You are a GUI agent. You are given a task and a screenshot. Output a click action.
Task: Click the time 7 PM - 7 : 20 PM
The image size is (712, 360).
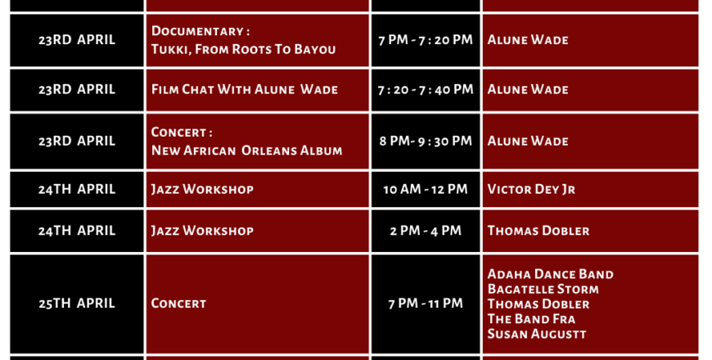(426, 40)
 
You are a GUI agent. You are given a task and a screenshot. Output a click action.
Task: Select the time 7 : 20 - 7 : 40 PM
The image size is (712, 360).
(426, 89)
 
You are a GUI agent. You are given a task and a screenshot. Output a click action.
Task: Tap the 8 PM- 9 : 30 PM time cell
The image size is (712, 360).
(426, 142)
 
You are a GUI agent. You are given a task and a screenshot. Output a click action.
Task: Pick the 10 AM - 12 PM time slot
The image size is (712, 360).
(426, 189)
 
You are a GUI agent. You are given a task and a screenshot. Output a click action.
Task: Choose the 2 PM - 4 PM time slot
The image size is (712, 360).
(426, 231)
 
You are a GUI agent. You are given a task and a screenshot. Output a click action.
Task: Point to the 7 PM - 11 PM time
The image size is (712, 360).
(426, 304)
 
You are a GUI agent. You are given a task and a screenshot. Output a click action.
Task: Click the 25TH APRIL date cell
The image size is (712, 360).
(77, 304)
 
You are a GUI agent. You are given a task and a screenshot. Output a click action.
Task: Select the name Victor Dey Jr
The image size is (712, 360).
(531, 189)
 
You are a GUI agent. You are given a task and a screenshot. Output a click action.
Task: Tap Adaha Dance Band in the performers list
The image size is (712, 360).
(550, 274)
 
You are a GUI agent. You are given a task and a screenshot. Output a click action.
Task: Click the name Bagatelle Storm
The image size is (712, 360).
(543, 289)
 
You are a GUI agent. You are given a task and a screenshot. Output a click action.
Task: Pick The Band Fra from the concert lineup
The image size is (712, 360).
(531, 319)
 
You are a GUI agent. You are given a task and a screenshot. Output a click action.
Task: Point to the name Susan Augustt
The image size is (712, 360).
(537, 334)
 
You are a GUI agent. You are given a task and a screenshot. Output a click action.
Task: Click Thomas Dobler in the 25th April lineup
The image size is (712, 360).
(539, 304)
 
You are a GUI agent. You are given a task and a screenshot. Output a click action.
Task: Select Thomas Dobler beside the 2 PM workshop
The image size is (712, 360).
(539, 231)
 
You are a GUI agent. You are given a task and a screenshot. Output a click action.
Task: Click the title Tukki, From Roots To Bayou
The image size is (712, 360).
(243, 49)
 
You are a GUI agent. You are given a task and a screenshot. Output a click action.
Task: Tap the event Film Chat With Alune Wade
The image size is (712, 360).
(245, 89)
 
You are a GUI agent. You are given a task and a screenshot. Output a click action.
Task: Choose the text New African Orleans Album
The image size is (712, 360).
(246, 151)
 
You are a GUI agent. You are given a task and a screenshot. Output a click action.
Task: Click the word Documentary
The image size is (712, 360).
(197, 31)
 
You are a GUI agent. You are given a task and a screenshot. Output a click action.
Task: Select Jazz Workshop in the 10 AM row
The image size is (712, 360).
(202, 189)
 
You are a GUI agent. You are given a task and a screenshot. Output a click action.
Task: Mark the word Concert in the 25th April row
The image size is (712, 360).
(178, 304)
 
